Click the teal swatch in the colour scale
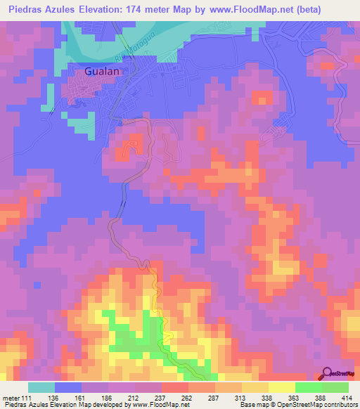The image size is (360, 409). (x=41, y=388)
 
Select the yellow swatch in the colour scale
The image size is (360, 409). (x=281, y=388)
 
